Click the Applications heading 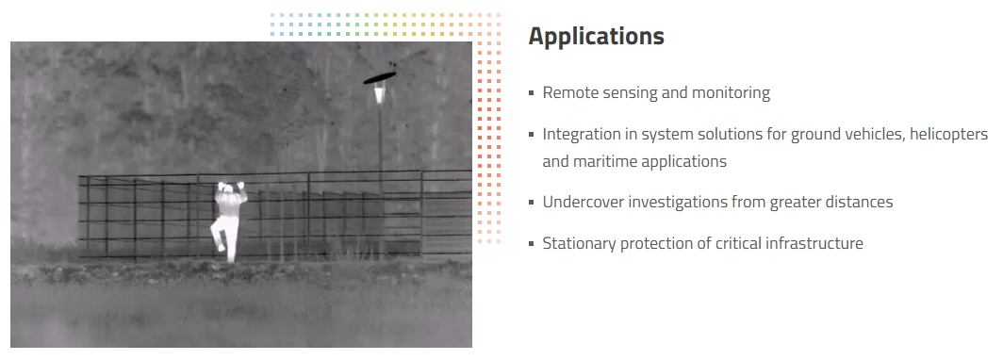pos(596,37)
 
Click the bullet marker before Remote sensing pos(532,93)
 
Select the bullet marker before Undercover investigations pos(532,203)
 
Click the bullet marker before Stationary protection pos(532,244)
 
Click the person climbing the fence pos(230,221)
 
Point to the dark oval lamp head pos(380,78)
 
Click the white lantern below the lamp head pos(379,95)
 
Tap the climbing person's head pos(229,188)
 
